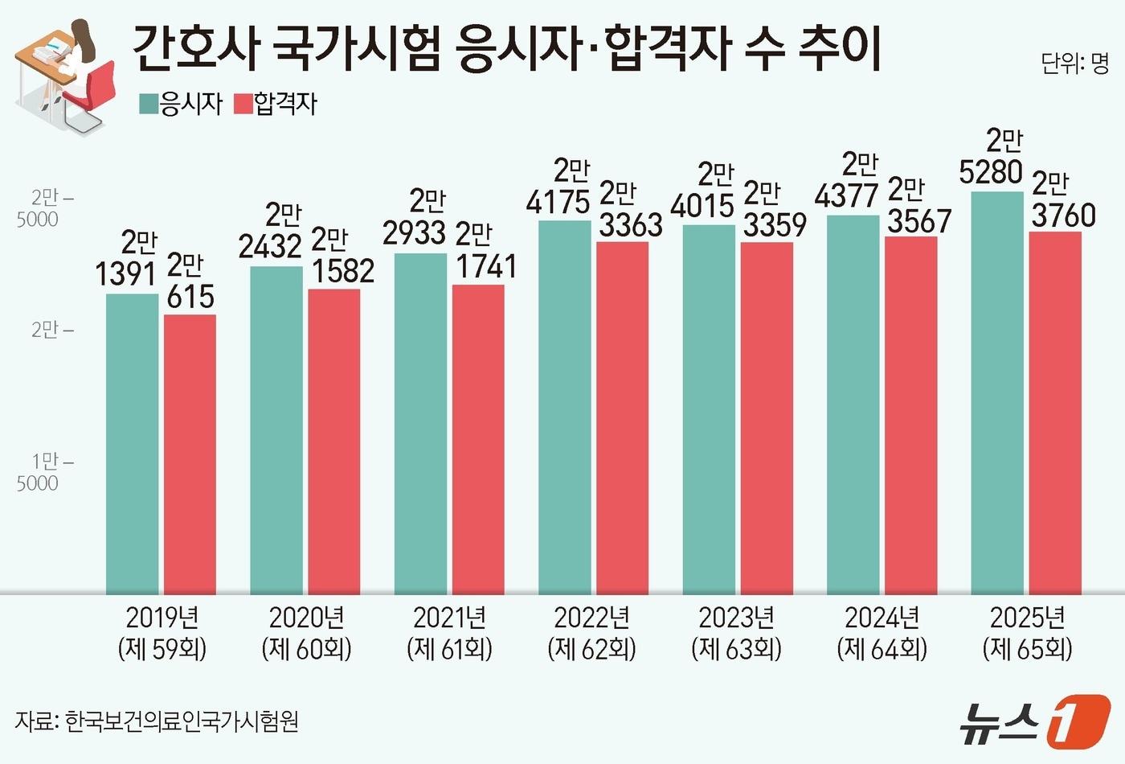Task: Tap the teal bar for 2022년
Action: (564, 407)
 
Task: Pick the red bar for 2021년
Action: (478, 439)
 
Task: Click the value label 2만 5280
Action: (992, 157)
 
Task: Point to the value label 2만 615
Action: (190, 281)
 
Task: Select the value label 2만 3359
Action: (774, 209)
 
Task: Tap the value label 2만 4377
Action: (847, 181)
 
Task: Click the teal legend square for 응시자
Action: (149, 104)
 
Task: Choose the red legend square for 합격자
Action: (243, 104)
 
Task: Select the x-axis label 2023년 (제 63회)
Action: (736, 633)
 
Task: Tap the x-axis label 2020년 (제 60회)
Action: (306, 633)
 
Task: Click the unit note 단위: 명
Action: (1074, 64)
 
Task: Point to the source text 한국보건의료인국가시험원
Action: (182, 721)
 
